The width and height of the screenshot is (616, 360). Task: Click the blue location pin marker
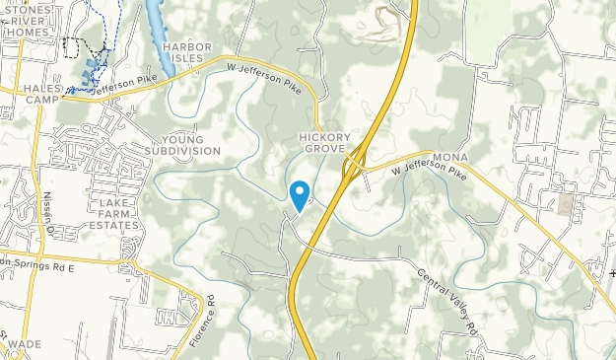click(301, 193)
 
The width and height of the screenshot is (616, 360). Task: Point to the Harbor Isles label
click(187, 51)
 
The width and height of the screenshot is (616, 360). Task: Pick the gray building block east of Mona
click(566, 204)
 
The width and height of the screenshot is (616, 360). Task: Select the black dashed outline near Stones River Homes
click(73, 45)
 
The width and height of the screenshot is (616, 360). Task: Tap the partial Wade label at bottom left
click(19, 345)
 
